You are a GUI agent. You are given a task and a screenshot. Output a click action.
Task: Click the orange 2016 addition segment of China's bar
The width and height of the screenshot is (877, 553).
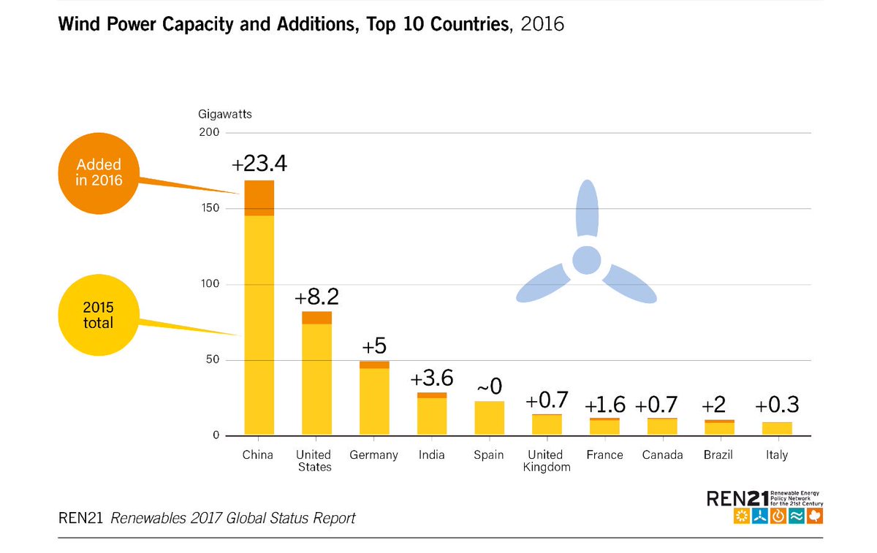click(259, 198)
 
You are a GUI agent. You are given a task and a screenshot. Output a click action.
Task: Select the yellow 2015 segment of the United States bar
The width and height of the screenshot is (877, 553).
click(316, 379)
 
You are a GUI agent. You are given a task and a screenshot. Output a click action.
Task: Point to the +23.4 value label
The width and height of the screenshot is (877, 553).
click(259, 164)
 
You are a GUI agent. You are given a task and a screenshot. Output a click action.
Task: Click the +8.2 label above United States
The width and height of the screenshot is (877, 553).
click(316, 297)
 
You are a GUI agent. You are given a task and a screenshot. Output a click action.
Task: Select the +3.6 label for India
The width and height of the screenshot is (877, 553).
click(432, 378)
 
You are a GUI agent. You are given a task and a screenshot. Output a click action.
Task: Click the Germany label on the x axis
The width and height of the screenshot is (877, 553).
click(373, 455)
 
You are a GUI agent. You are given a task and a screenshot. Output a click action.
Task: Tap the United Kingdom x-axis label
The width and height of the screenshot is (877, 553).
click(547, 461)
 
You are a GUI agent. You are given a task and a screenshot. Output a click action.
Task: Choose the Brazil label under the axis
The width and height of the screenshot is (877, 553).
click(719, 455)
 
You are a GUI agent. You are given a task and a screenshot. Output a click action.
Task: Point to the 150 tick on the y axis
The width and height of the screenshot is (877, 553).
click(210, 209)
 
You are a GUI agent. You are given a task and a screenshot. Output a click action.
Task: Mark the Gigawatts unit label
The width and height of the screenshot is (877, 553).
click(225, 114)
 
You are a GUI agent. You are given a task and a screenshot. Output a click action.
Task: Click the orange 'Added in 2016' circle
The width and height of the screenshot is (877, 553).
click(98, 172)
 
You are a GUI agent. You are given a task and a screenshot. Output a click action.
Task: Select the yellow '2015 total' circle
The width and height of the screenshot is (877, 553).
click(98, 315)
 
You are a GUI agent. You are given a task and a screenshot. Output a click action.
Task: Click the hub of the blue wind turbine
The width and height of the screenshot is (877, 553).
click(586, 260)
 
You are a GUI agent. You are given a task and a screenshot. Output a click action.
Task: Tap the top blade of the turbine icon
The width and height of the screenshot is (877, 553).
click(586, 207)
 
